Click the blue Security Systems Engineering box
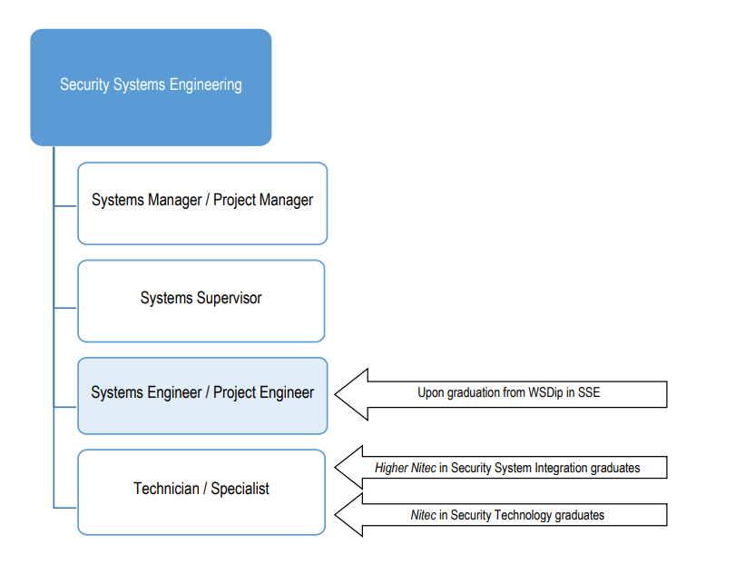[x=151, y=87]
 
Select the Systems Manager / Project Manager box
[x=202, y=203]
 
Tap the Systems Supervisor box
[x=201, y=301]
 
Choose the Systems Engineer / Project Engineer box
[x=202, y=396]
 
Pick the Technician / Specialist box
[x=201, y=492]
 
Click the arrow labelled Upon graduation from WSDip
[x=501, y=394]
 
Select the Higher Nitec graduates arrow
[x=501, y=468]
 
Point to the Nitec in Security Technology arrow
[x=501, y=515]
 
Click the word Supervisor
[x=230, y=299]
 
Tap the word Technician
[x=166, y=489]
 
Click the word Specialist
[x=240, y=489]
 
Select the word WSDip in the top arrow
[x=545, y=392]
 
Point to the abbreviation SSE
[x=589, y=392]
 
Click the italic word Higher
[x=391, y=468]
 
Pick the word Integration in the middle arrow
[x=561, y=468]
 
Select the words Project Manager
[x=263, y=201]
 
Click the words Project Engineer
[x=263, y=393]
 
